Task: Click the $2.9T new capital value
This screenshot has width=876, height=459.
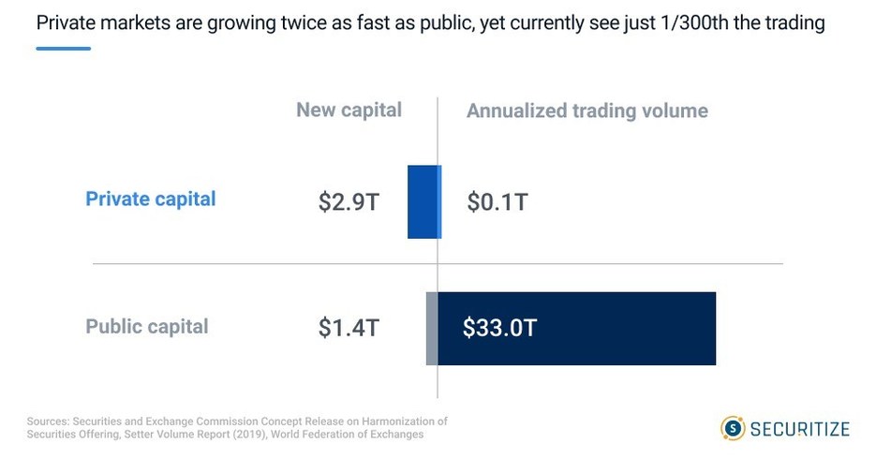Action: coord(348,201)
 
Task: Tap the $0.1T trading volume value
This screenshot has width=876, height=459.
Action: coord(497,201)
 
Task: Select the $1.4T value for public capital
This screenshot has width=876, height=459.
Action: coord(348,329)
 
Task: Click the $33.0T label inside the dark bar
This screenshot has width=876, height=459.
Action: coord(499,329)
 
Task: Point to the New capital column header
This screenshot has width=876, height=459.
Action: coord(349,111)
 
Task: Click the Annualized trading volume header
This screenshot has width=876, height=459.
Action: coord(586,111)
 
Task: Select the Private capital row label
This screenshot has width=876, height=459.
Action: coord(150,199)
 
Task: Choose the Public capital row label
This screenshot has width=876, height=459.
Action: coord(147,327)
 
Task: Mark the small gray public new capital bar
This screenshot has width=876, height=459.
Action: coord(432,329)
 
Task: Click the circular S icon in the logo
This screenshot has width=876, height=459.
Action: coord(732,429)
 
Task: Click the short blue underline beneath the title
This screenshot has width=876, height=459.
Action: coord(63,48)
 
